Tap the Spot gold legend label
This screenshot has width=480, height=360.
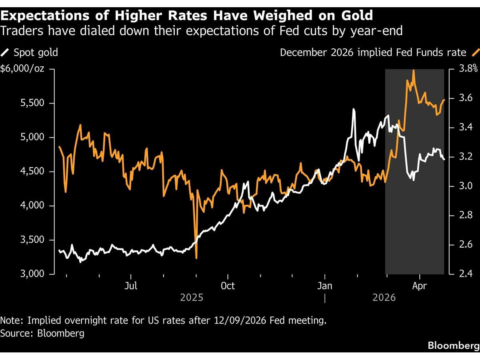(36, 52)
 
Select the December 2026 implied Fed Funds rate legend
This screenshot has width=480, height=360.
(373, 52)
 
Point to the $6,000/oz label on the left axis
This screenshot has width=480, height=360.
(22, 69)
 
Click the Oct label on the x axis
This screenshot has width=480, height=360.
(228, 286)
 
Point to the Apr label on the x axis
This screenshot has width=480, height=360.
(419, 286)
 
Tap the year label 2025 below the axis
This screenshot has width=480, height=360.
(192, 298)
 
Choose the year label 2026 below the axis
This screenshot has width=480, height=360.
(384, 298)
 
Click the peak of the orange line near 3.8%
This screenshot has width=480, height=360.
(413, 70)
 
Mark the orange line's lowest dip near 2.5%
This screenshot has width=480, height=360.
(196, 258)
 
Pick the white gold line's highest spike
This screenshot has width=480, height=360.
(354, 109)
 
